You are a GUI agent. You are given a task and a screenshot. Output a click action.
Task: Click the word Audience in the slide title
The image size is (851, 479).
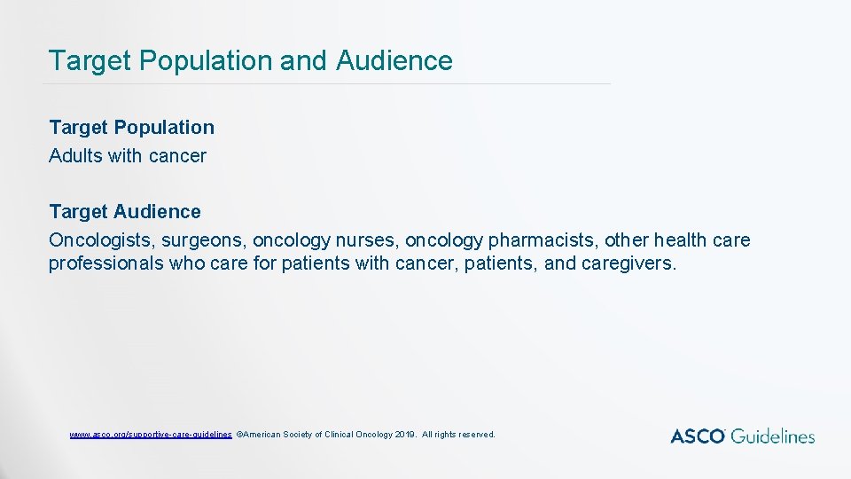pos(394,60)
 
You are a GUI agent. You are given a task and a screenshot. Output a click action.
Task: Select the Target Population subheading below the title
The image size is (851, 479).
pos(131,128)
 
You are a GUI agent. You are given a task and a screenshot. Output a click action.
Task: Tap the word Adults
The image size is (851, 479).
pos(75,156)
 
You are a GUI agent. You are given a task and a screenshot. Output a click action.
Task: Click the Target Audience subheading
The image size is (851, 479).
pos(125,212)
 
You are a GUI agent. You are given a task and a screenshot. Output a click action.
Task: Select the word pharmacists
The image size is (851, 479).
pos(541,240)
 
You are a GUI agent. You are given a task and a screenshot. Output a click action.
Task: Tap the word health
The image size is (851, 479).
pos(688,240)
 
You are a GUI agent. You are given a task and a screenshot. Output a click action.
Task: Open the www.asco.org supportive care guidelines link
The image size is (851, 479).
pos(151,435)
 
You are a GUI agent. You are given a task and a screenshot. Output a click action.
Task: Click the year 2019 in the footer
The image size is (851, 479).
pos(404,435)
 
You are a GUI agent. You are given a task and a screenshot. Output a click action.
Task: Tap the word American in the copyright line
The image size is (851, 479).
pos(262,435)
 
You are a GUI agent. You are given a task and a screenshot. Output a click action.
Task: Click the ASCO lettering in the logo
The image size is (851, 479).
pos(699,436)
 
